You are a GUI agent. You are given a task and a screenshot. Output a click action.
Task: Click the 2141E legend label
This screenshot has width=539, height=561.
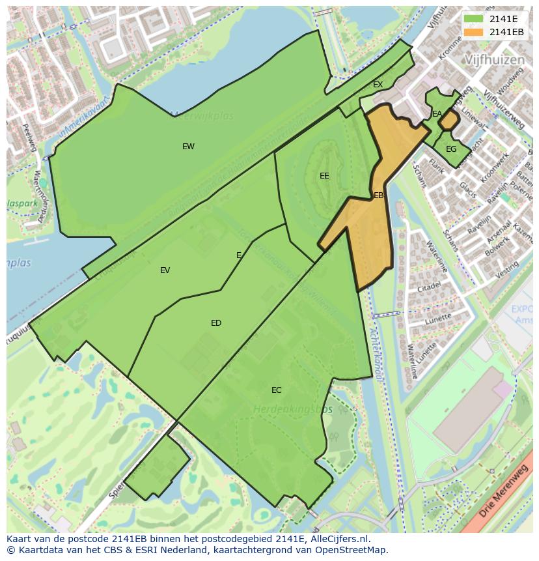503,19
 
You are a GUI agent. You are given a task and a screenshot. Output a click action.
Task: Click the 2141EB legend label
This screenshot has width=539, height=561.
506,32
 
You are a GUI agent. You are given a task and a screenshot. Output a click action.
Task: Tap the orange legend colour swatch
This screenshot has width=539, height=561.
474,32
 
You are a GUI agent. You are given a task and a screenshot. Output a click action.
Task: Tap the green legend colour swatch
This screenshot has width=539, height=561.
474,19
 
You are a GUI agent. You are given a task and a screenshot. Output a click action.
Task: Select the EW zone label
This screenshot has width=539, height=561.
188,147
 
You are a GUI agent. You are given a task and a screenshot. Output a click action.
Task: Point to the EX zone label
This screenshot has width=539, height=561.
378,85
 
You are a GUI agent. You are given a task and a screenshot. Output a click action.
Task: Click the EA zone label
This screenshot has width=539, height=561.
437,114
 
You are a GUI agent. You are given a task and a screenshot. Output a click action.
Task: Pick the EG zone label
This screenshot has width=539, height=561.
451,149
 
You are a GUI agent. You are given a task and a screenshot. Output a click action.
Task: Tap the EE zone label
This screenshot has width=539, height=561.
324,176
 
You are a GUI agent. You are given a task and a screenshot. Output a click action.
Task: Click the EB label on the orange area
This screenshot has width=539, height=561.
378,195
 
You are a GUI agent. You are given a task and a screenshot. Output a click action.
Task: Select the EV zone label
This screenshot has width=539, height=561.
165,270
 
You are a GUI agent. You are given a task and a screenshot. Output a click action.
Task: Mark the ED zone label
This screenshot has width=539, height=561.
216,323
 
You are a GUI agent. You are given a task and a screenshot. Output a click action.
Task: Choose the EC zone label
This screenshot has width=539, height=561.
277,390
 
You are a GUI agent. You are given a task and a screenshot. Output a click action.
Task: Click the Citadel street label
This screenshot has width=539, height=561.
430,286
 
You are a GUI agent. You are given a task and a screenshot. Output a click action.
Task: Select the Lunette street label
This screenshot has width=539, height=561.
438,319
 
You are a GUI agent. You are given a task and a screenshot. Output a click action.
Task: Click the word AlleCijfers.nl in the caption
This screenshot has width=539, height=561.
337,539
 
